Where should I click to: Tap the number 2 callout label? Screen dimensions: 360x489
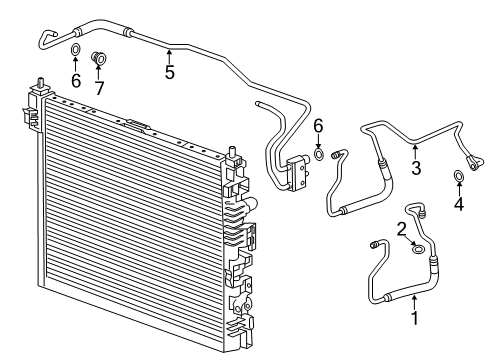pos(401,229)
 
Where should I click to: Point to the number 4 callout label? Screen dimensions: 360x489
pos(459,203)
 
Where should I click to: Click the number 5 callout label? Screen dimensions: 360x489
pos(170,72)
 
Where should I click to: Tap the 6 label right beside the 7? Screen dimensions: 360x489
pos(76,80)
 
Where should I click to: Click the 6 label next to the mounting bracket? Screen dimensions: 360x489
pos(318,126)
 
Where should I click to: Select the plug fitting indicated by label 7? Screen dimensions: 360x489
pos(98,57)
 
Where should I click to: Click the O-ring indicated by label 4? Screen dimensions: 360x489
pos(459,178)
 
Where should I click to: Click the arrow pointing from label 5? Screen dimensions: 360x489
pos(170,56)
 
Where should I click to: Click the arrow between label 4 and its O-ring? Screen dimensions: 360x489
pos(459,190)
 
